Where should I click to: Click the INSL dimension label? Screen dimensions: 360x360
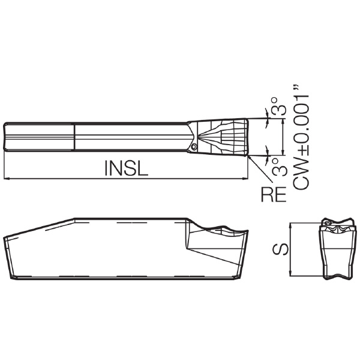tap(126, 168)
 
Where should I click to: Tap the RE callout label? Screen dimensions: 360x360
tap(274, 194)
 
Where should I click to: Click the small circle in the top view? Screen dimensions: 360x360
tap(194, 146)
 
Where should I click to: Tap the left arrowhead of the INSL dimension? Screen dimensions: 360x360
tap(7, 178)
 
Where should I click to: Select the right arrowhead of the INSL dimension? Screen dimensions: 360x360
tap(245, 178)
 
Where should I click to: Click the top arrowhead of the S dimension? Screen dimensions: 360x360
tap(290, 226)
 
